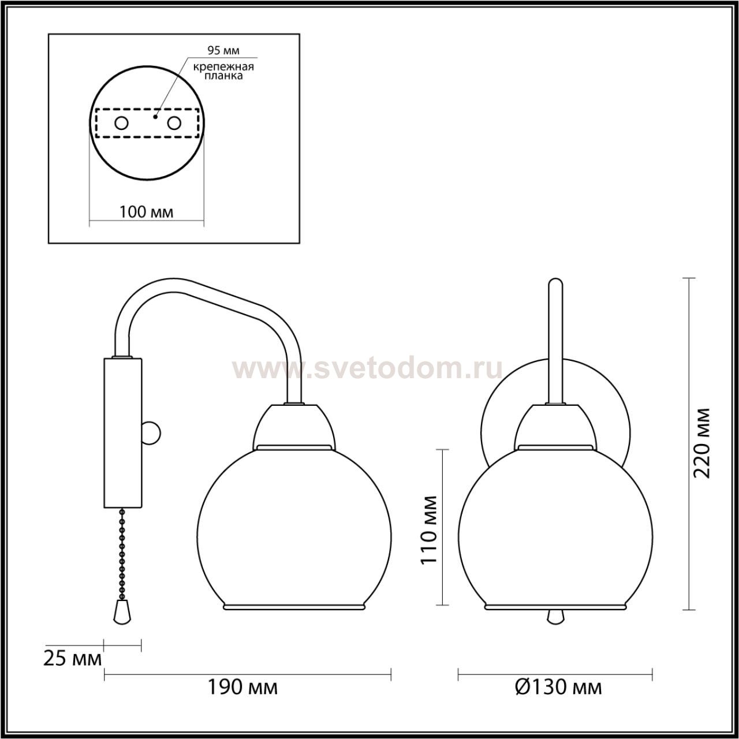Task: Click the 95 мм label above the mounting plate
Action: pos(223,50)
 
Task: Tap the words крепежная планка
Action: pos(223,72)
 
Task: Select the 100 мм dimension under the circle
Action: pos(147,212)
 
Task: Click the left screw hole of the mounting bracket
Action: pos(122,124)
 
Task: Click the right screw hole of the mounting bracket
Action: pos(174,124)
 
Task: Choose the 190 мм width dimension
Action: pos(242,688)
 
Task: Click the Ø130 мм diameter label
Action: pos(558,688)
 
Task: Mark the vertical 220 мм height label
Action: pos(702,443)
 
